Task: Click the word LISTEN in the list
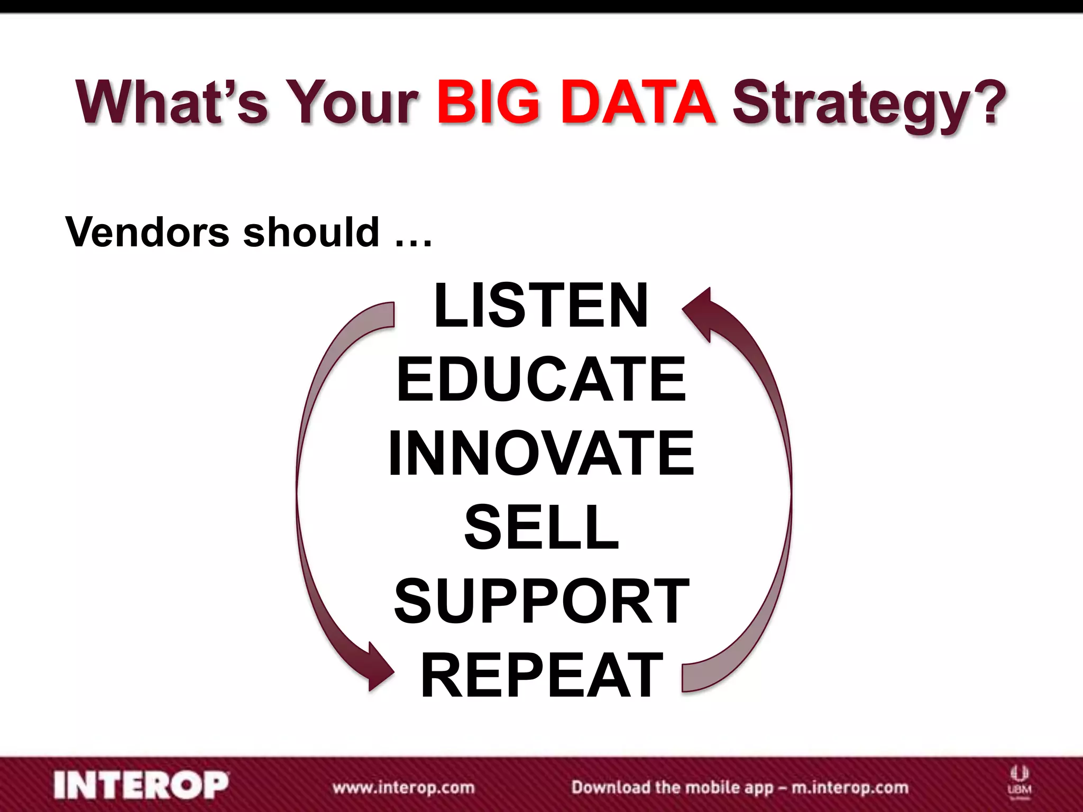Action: pyautogui.click(x=540, y=306)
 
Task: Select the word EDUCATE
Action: pyautogui.click(x=540, y=380)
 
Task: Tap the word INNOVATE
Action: pyautogui.click(x=540, y=454)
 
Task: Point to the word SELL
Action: pyautogui.click(x=540, y=527)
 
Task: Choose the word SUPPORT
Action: pyautogui.click(x=540, y=601)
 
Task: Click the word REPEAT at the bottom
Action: pyautogui.click(x=540, y=675)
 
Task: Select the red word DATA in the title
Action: pyautogui.click(x=638, y=101)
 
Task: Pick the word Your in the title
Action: pyautogui.click(x=352, y=101)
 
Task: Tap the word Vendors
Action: pyautogui.click(x=147, y=233)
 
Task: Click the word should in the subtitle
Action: pyautogui.click(x=311, y=233)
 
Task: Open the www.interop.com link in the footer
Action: pyautogui.click(x=403, y=788)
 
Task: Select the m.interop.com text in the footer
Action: pyautogui.click(x=849, y=788)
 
